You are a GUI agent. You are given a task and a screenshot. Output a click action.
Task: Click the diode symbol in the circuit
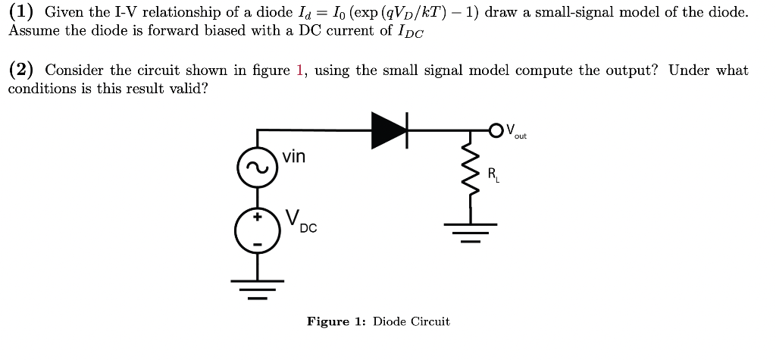click(390, 130)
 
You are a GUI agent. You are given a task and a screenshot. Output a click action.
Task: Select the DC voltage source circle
click(256, 230)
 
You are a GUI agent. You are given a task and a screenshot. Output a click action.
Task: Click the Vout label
click(515, 131)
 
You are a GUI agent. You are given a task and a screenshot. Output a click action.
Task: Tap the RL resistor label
click(493, 177)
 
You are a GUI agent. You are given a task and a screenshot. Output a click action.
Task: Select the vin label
click(294, 157)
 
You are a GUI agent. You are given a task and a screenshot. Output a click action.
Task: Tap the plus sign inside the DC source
click(256, 216)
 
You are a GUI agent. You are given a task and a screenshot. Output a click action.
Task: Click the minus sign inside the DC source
click(256, 243)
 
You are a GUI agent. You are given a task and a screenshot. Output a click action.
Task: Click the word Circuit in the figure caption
click(430, 321)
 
